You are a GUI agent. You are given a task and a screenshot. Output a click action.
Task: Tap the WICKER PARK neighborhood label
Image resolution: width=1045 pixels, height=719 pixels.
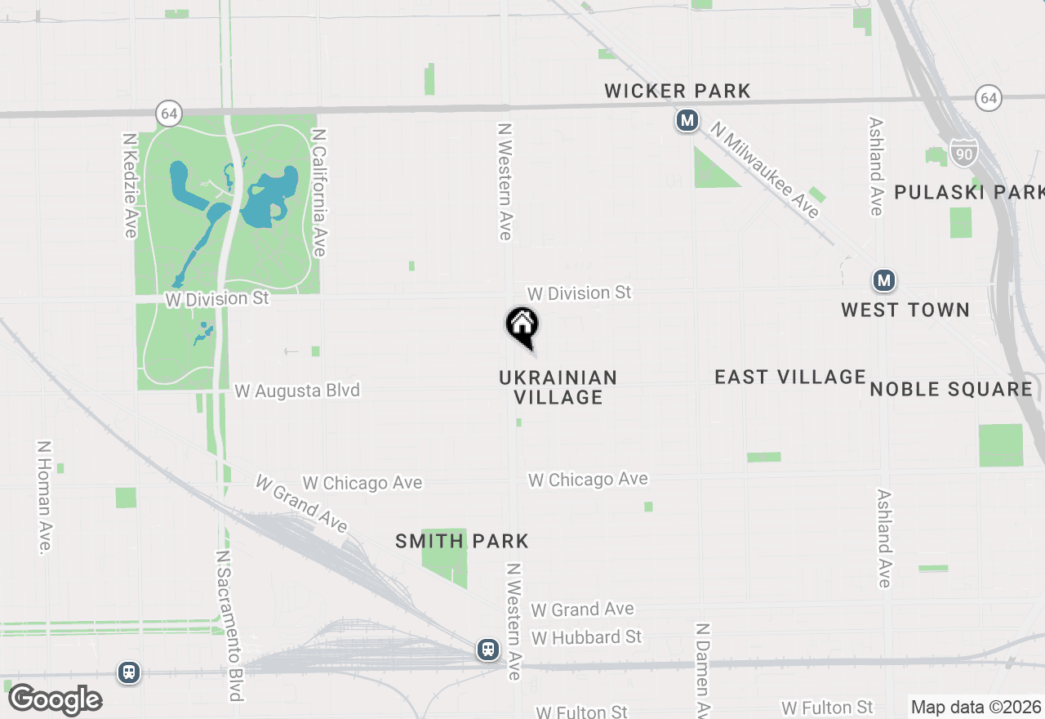tap(677, 91)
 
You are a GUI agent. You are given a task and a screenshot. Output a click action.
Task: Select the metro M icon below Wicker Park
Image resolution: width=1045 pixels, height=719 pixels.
tap(687, 121)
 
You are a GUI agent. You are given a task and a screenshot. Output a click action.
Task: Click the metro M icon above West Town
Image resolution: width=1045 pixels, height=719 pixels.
tap(883, 281)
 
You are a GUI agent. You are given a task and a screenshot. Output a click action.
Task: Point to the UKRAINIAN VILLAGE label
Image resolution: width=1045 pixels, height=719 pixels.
tap(558, 387)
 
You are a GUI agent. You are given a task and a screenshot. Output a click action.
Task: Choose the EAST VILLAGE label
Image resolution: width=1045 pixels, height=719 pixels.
tap(789, 377)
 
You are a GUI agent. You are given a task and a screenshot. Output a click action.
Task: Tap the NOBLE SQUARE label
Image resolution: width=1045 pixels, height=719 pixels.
tap(950, 389)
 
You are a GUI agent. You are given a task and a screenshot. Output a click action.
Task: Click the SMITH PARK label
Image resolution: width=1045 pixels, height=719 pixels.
tap(462, 541)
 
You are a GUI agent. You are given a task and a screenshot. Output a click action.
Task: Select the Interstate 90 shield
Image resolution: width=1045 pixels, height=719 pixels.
tap(963, 152)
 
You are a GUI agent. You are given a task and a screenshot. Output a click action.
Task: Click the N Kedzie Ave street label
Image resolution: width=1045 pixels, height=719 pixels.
tap(130, 185)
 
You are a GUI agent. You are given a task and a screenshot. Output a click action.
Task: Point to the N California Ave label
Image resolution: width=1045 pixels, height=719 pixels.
tap(319, 192)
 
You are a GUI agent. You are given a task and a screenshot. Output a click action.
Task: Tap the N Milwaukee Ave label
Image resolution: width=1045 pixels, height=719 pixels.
tap(764, 170)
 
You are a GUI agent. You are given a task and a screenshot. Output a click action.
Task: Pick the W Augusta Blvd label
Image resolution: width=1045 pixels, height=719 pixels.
tap(297, 391)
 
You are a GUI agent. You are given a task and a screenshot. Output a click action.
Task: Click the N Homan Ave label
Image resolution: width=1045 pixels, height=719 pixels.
tap(43, 498)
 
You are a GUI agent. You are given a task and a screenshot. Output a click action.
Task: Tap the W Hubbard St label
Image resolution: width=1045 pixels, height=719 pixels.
tap(586, 636)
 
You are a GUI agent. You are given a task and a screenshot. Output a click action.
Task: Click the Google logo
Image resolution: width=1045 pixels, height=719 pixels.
tap(56, 699)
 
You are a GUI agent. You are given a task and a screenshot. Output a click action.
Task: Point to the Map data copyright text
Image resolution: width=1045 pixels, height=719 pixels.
tap(976, 708)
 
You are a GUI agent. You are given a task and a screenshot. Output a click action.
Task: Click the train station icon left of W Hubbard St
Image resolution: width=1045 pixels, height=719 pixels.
tap(488, 650)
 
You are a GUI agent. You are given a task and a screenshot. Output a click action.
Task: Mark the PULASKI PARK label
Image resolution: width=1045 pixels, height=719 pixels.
tap(968, 192)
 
